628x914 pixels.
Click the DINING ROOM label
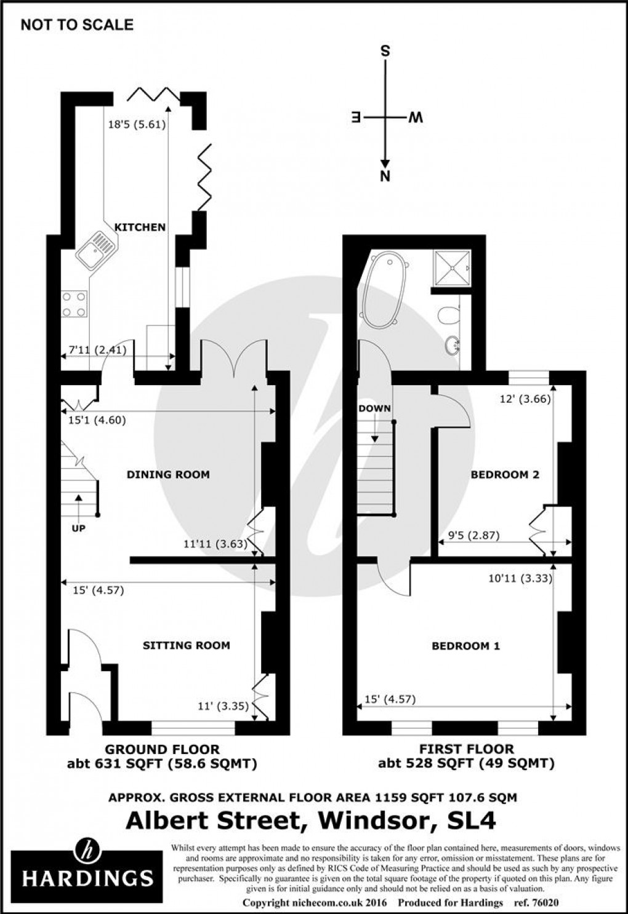168,474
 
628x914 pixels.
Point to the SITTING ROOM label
186,645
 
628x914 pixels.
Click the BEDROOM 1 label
465,646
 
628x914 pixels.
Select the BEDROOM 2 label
505,474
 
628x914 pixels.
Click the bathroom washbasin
455,346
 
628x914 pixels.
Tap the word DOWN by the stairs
374,408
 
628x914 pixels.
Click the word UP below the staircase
79,528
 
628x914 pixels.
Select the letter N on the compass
385,177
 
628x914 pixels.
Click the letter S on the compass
385,51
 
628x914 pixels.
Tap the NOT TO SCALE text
77,25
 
